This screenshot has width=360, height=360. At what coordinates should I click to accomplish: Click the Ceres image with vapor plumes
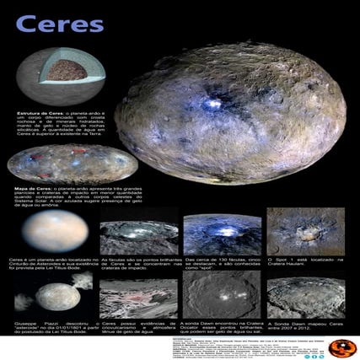pos(58,295)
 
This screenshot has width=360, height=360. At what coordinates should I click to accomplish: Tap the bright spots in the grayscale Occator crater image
pos(218,297)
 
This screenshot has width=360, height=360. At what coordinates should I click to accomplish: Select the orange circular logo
pos(340,347)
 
